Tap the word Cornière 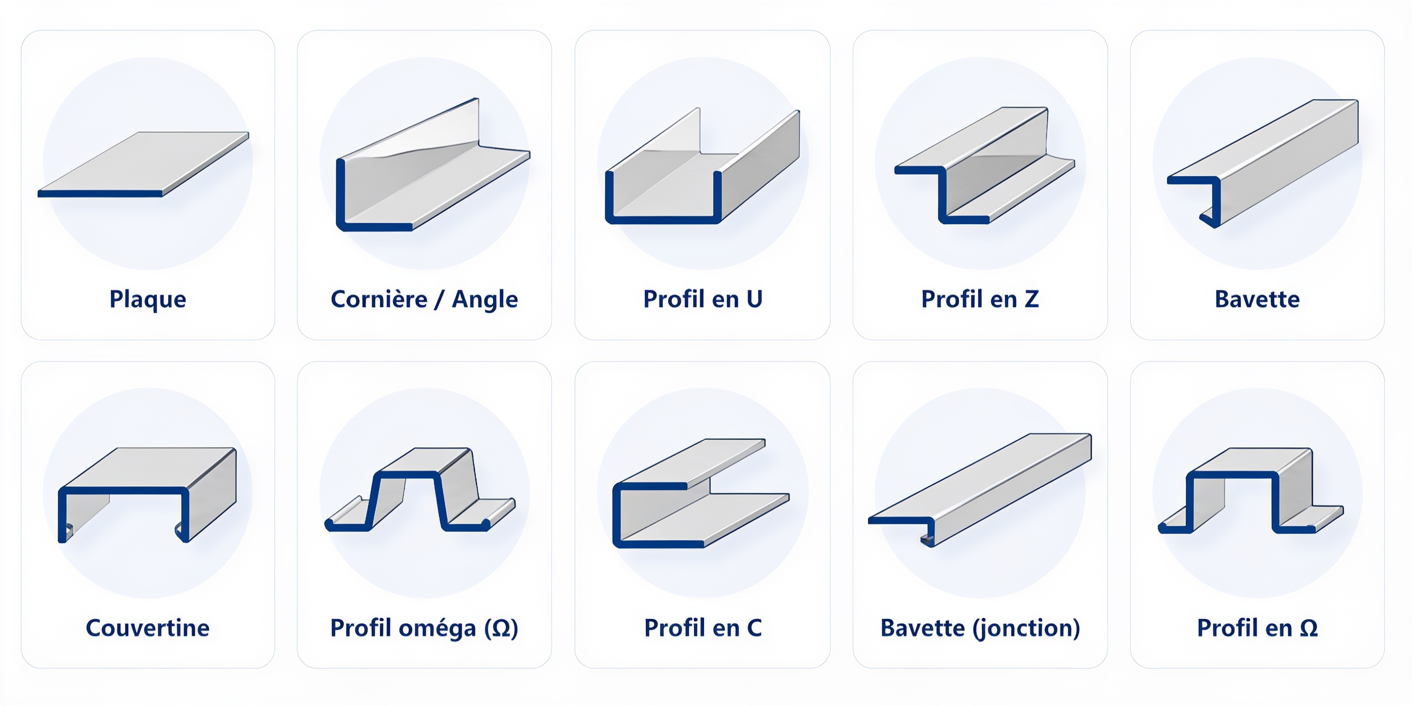379,298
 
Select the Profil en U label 703,298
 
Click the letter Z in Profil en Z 1031,298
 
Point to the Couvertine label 147,628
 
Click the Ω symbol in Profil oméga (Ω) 501,628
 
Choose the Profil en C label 703,628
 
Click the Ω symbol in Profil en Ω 1309,628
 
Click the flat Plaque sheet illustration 144,164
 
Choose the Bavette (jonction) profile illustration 980,490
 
